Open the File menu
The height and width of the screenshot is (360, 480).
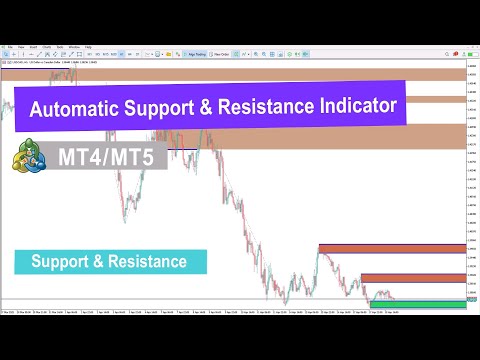coord(7,47)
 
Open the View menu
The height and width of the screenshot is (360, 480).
coord(20,47)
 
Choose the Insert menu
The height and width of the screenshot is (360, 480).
coord(34,47)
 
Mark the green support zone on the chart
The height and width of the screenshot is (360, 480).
coord(417,303)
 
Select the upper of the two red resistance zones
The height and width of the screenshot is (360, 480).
coord(391,249)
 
